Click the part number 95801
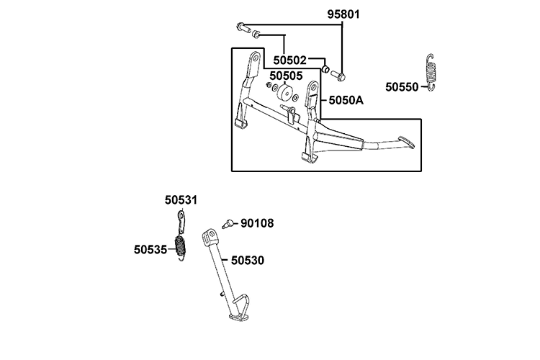(x=344, y=14)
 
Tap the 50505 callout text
(x=286, y=74)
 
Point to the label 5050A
(x=346, y=100)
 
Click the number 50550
(x=402, y=86)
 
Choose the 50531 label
(x=180, y=199)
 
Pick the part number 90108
(x=257, y=223)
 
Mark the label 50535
(x=150, y=249)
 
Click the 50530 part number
(x=247, y=259)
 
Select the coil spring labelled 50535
(x=182, y=246)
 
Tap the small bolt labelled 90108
(x=229, y=223)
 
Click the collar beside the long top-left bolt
(x=256, y=34)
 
